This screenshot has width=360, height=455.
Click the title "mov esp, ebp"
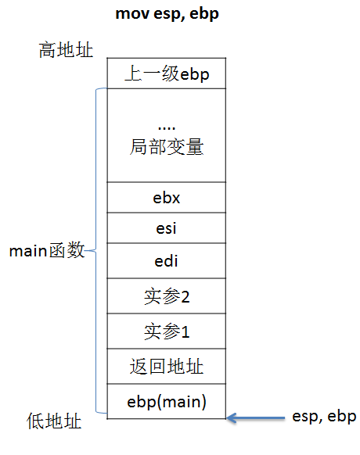pos(167,14)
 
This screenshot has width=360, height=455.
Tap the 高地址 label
pos(66,49)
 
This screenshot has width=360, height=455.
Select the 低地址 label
pos(54,421)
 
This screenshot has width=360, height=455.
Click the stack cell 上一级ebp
pos(167,73)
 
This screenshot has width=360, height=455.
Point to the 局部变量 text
pos(167,147)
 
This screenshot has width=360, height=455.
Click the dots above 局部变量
pos(167,127)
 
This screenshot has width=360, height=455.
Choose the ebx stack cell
pos(167,197)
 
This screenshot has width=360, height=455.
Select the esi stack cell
pos(167,228)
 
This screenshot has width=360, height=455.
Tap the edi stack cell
pos(167,261)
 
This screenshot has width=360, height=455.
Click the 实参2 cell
pos(167,296)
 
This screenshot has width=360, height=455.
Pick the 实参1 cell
pos(167,331)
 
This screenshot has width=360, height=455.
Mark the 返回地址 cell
pos(167,366)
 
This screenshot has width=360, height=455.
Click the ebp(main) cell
pos(167,401)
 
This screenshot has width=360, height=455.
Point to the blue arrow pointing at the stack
pos(256,417)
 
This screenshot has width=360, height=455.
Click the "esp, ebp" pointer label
pos(324,417)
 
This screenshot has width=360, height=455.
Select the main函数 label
pos(47,250)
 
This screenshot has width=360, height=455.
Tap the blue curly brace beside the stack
pos(96,250)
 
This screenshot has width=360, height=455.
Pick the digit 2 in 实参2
pos(185,297)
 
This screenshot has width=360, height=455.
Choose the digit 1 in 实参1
pos(185,331)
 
